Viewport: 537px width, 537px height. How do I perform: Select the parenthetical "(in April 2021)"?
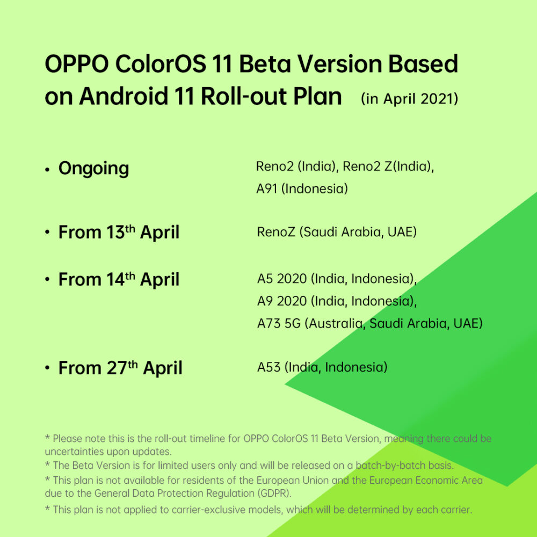(x=410, y=99)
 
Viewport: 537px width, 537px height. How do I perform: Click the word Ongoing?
(x=93, y=169)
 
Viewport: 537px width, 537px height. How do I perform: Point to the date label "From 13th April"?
(x=119, y=233)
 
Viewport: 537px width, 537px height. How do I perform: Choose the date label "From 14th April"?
(x=119, y=280)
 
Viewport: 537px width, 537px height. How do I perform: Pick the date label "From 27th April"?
(x=120, y=368)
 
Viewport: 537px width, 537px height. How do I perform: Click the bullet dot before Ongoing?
(x=47, y=170)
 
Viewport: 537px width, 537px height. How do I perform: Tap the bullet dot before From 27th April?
(x=47, y=369)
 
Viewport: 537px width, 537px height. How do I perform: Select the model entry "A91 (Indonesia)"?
(x=302, y=189)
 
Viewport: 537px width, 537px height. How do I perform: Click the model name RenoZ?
(x=276, y=233)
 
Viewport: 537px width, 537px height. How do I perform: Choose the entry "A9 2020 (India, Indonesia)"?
(x=337, y=301)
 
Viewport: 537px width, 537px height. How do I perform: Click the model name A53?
(x=268, y=368)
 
